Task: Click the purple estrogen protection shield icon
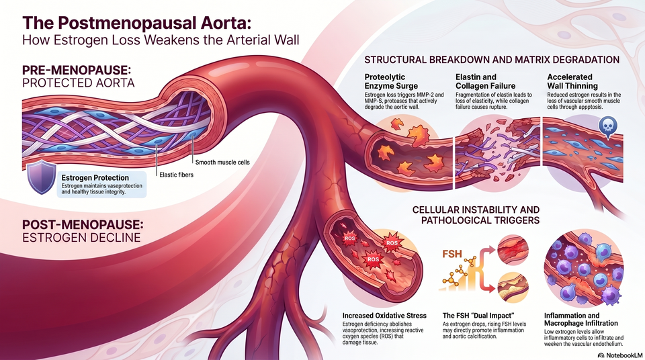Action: [41, 177]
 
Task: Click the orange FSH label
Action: [452, 254]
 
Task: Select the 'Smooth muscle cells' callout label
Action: [222, 162]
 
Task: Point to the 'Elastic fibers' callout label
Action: [176, 175]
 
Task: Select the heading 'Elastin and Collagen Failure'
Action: [485, 81]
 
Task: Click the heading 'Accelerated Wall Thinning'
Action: [572, 81]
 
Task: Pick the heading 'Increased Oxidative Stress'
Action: [384, 316]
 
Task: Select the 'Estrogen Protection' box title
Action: [95, 178]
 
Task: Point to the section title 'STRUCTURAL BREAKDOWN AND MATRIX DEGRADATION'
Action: [492, 60]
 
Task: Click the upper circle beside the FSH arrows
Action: [513, 250]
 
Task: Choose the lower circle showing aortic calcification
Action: [513, 288]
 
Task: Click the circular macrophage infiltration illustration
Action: [584, 269]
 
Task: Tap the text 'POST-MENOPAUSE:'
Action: [83, 224]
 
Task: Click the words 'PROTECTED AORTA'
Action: [78, 83]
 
